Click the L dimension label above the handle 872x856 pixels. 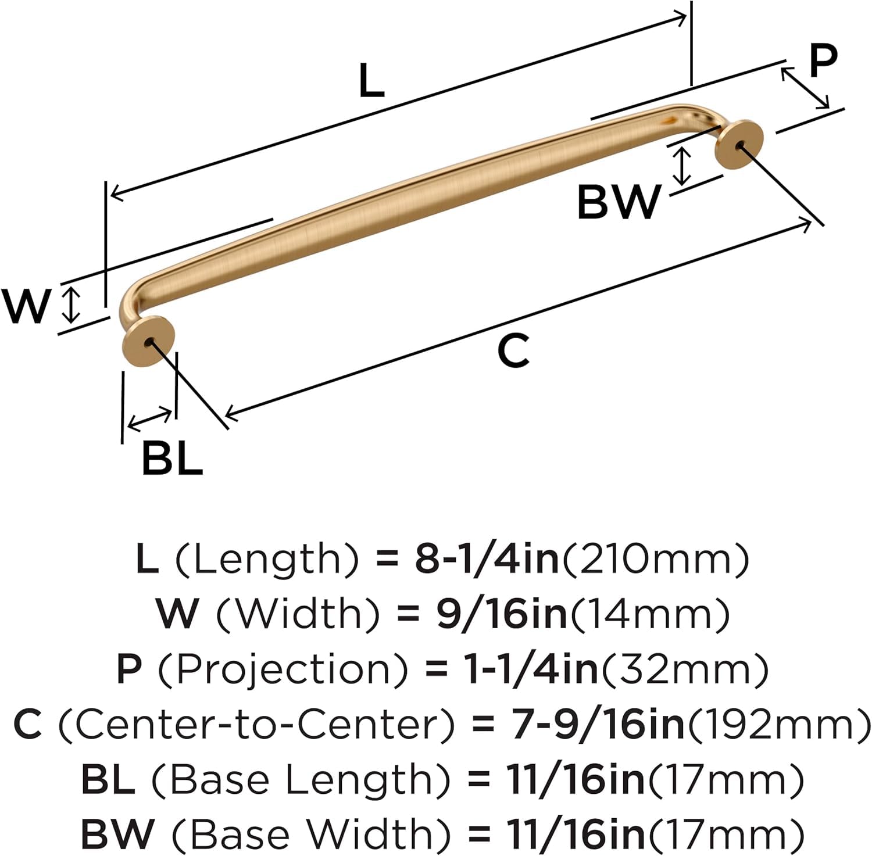pos(371,80)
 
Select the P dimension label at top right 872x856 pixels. pos(823,60)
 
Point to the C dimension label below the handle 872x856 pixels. pos(514,350)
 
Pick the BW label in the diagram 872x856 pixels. pos(619,202)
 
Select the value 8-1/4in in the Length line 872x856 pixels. pos(486,559)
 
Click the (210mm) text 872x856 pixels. pos(654,559)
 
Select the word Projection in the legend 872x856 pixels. pos(283,669)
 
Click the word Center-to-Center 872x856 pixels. pos(256,724)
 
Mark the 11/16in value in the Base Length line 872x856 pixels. pos(576,780)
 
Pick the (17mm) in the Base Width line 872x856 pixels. pos(726,834)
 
